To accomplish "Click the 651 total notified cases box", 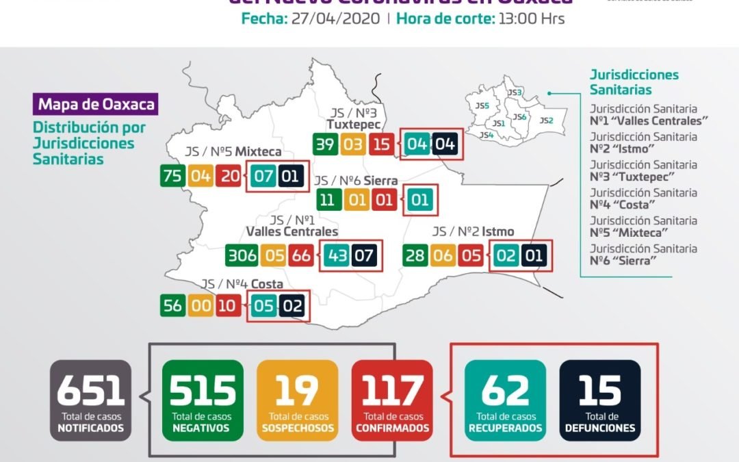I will tap(90, 400).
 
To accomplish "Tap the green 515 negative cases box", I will tap(203, 400).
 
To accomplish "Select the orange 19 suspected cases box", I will tap(298, 400).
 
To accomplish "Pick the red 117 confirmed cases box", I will tap(392, 400).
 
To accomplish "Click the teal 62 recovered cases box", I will tap(505, 400).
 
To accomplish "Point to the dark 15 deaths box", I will tap(600, 400).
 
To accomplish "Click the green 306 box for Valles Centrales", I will tap(243, 257).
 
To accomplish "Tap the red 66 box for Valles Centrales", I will tap(300, 257).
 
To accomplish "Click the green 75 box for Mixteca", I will tap(172, 176).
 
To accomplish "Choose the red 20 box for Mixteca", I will tap(229, 176).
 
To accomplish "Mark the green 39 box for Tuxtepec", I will tap(325, 145).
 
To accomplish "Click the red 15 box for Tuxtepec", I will tap(381, 145).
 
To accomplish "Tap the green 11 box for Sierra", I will tap(327, 201).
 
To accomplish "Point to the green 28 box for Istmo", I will tap(415, 257).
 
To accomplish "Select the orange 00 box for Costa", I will tap(200, 306).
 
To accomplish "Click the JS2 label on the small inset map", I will tap(546, 120).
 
